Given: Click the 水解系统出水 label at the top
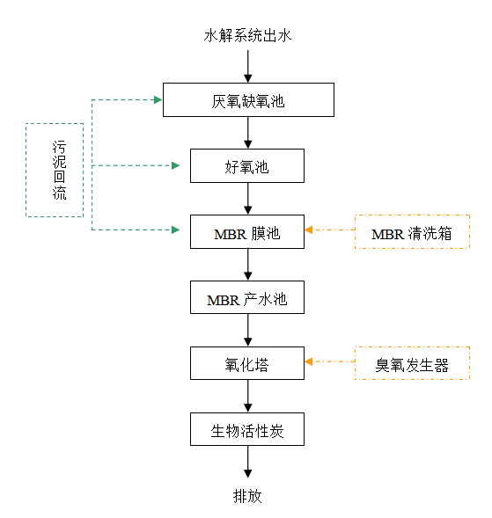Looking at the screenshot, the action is click(247, 36).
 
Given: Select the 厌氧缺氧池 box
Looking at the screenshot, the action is click(248, 99).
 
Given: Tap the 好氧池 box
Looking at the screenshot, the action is click(247, 166).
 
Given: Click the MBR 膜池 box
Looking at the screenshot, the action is click(247, 232).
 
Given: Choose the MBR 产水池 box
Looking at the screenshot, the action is click(247, 297).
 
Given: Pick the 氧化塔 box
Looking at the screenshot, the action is click(247, 363).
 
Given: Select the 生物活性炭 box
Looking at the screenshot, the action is click(247, 429).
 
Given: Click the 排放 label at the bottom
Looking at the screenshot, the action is click(247, 496).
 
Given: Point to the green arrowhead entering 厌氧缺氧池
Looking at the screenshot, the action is click(158, 99).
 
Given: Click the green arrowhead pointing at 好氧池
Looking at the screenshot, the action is click(175, 165).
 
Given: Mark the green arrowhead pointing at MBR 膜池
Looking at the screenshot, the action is click(175, 230).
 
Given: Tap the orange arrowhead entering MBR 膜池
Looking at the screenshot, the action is click(309, 230).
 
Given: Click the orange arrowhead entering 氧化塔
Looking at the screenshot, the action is click(309, 361).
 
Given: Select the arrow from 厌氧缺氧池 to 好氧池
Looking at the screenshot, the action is click(248, 133).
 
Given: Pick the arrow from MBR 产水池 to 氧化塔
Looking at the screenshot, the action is click(248, 330).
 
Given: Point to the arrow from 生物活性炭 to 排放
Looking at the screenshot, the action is click(248, 462).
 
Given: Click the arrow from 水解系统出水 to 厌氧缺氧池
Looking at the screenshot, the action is click(248, 67).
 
